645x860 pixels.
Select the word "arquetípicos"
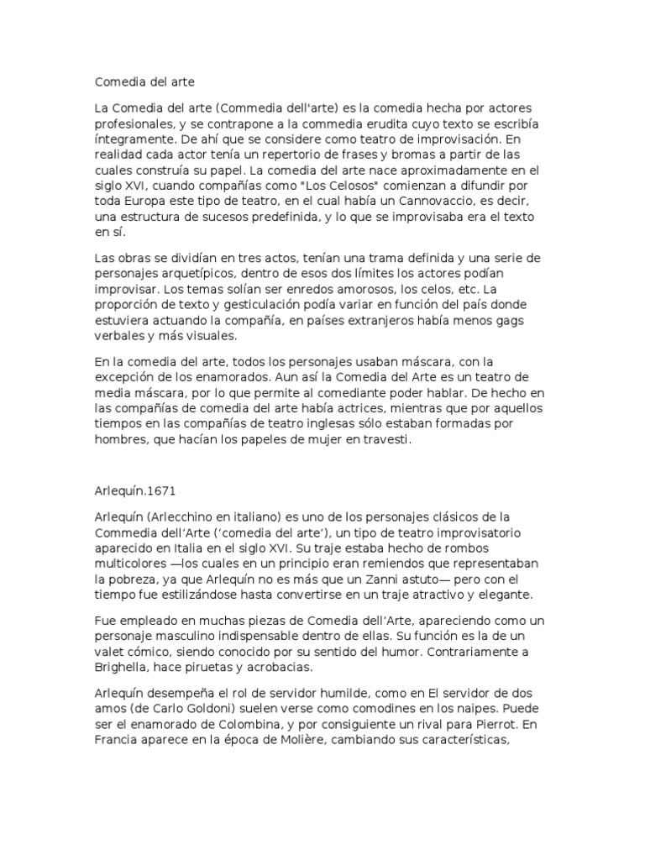(x=207, y=274)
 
